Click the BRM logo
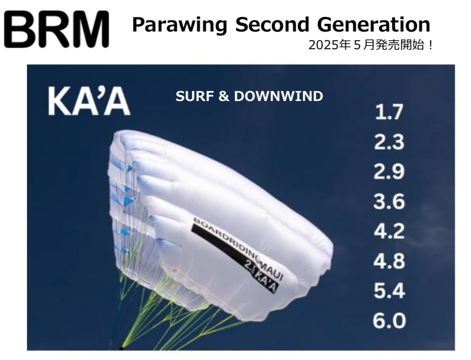[x=57, y=29]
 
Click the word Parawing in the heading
[x=180, y=25]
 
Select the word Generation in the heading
[x=374, y=24]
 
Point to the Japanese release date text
[x=371, y=46]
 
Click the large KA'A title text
[x=89, y=101]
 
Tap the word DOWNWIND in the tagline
[x=278, y=96]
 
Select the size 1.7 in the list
[x=389, y=112]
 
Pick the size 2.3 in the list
[x=389, y=142]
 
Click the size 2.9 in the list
[x=389, y=172]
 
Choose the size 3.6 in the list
[x=389, y=201]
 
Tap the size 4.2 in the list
[x=389, y=231]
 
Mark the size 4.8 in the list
[x=389, y=261]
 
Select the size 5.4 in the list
[x=389, y=291]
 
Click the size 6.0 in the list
[x=389, y=320]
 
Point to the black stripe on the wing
[x=234, y=258]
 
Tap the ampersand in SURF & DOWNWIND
[x=223, y=96]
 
